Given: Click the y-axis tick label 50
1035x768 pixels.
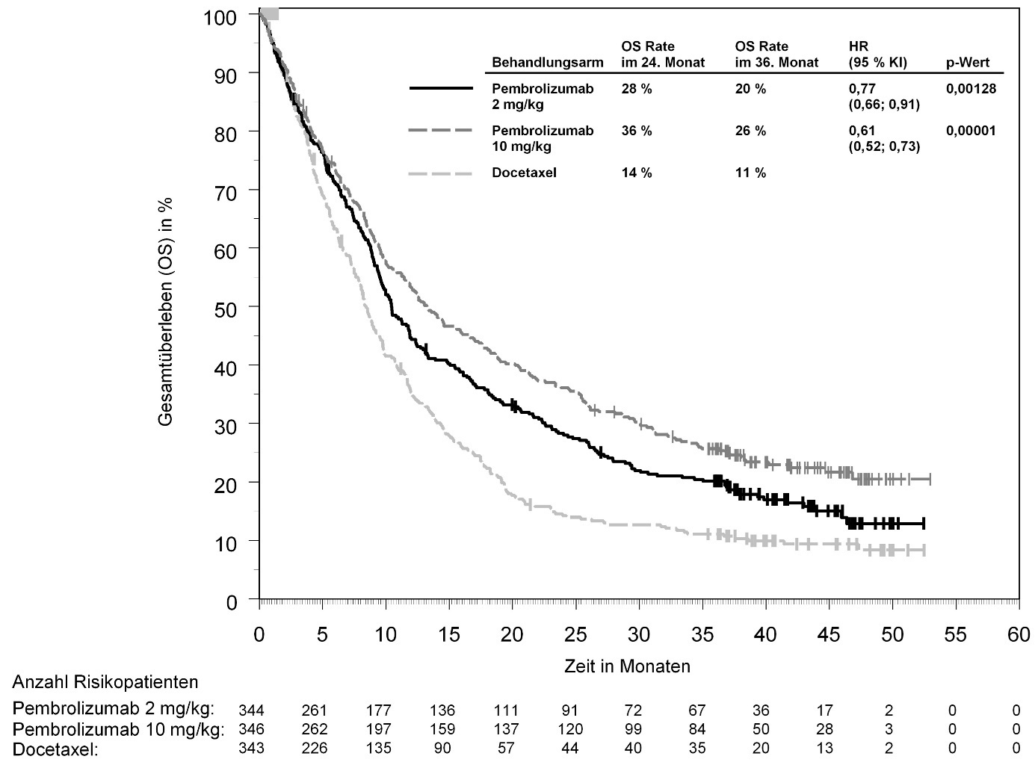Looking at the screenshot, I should click(226, 307).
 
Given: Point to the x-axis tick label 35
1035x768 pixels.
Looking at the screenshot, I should click(702, 635).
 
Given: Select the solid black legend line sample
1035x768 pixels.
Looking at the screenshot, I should click(441, 89).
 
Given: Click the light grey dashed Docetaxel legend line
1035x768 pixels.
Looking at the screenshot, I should click(441, 174).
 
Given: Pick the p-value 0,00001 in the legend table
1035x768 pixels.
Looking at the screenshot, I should click(971, 131).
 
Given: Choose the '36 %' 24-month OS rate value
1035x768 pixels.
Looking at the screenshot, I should click(637, 131).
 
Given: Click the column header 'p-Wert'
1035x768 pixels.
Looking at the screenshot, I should click(968, 63).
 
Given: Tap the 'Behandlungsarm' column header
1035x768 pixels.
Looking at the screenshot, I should click(547, 63).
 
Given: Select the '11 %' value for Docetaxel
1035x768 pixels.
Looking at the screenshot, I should click(750, 173).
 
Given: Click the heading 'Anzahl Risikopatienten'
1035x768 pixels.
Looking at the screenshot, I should click(105, 682).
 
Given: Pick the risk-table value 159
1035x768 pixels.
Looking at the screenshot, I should click(443, 730).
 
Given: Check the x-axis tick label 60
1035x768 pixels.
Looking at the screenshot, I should click(1019, 635).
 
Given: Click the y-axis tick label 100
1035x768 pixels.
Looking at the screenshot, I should click(222, 16).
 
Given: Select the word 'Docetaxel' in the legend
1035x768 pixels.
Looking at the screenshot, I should click(524, 173).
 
